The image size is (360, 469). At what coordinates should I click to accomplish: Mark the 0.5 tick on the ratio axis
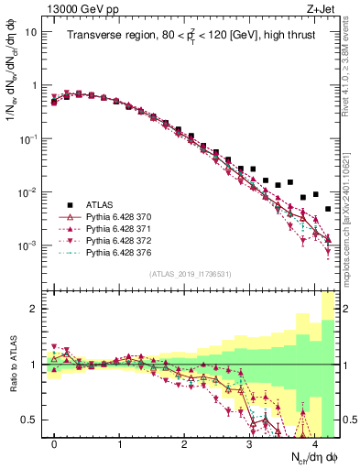pos(31,420)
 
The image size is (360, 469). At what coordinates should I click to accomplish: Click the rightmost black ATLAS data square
pos(328,210)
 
